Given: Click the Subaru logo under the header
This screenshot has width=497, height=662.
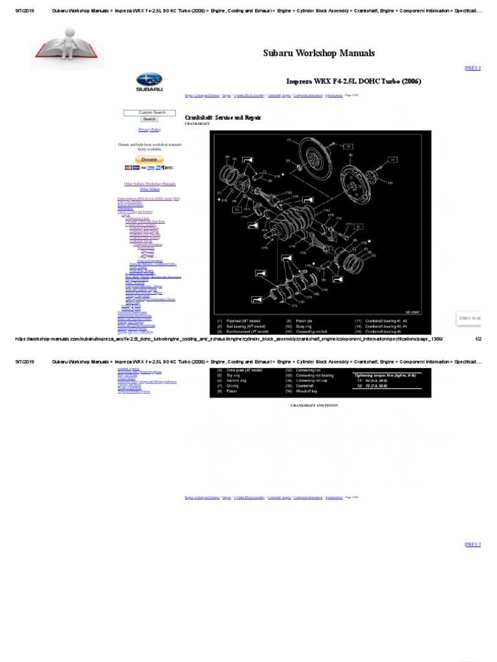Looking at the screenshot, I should tap(149, 83).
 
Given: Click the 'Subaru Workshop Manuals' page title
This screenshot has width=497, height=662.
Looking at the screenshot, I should tap(318, 53).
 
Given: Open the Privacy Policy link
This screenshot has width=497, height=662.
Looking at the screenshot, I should tap(149, 129).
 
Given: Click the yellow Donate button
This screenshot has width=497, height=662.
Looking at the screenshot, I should tap(149, 159).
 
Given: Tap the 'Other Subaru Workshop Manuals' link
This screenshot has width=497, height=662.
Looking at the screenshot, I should tap(149, 184).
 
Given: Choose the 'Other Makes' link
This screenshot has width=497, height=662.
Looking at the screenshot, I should tap(149, 189).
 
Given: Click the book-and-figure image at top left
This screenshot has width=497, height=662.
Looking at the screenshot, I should tap(67, 52).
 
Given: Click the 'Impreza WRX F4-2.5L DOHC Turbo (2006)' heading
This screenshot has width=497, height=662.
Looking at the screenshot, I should tap(353, 81).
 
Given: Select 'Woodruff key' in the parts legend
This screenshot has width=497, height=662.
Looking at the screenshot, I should tap(305, 392).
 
